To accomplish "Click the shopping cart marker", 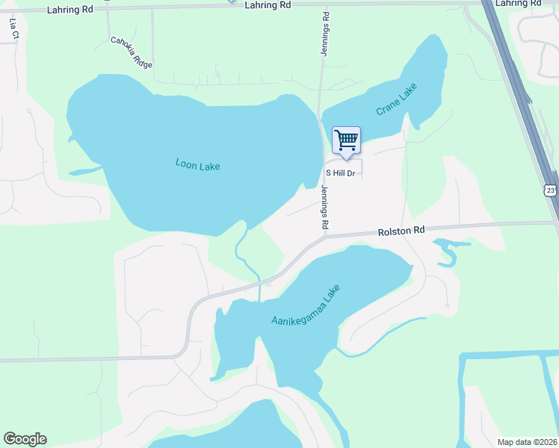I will (x=346, y=141).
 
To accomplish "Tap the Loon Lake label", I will (x=197, y=164).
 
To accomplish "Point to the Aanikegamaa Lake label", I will (x=305, y=305).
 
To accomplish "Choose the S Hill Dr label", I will (x=339, y=173).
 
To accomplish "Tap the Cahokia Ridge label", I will (x=132, y=52).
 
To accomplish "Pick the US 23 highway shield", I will (x=550, y=190).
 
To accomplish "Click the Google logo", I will (x=25, y=439).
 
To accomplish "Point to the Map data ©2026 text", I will (x=527, y=441).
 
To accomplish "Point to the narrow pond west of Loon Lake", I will (x=86, y=172).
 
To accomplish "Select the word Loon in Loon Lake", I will (x=186, y=162).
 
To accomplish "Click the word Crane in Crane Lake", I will (x=389, y=105).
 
